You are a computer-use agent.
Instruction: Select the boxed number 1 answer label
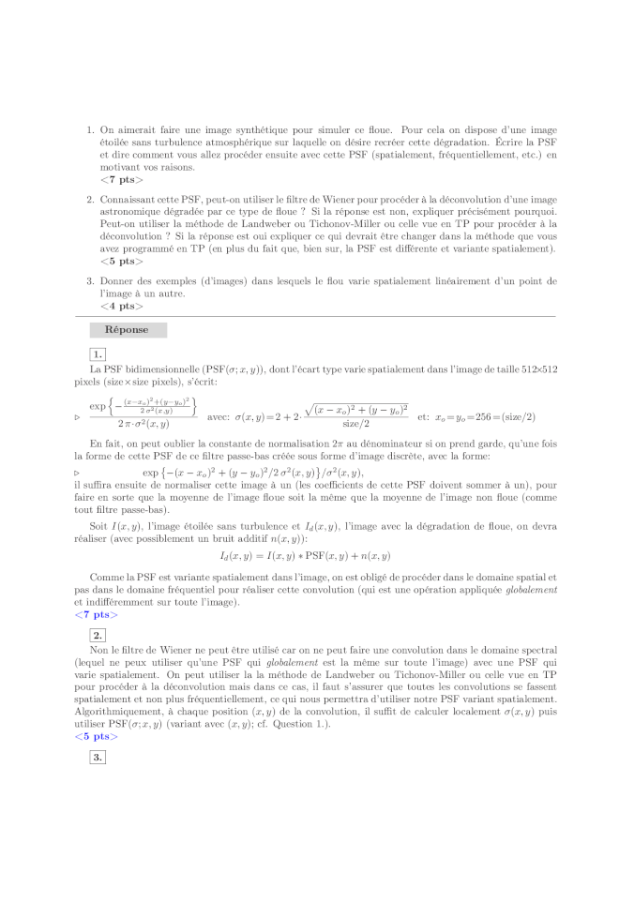97,354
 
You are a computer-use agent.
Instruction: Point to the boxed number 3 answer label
97,757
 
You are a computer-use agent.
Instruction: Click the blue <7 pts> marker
96,615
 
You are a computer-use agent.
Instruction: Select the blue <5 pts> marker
96,736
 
